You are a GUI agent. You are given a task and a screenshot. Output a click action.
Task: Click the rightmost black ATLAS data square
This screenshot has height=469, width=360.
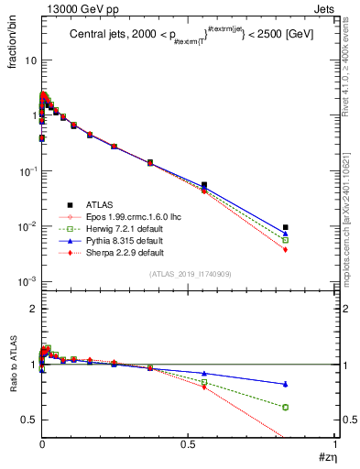pos(286,227)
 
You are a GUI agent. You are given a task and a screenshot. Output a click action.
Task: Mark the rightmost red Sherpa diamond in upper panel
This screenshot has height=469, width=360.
pos(286,249)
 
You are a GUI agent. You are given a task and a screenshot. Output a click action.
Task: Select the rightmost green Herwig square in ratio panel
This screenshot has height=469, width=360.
pos(286,407)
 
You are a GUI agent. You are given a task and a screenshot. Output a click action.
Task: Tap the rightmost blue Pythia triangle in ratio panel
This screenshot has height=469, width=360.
pos(286,384)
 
